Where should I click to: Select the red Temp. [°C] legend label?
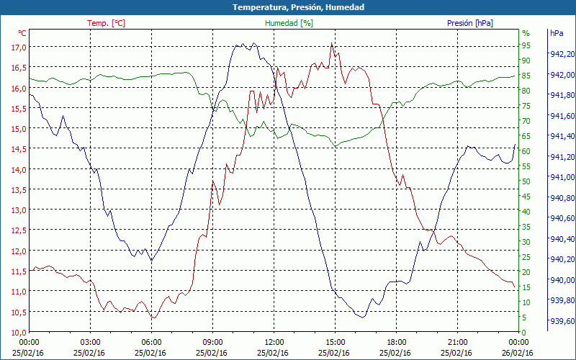(106, 23)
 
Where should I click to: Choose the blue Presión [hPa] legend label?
(470, 23)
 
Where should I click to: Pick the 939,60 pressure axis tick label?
(562, 321)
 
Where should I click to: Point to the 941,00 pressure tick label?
(562, 177)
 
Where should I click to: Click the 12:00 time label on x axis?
(274, 342)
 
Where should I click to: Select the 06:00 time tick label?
(151, 342)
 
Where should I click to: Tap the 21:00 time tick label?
(457, 342)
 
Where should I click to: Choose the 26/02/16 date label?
(518, 353)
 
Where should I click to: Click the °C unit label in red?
(22, 33)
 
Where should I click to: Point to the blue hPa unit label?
(557, 33)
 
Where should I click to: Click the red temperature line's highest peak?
(331, 43)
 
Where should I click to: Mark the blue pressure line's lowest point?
(363, 317)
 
